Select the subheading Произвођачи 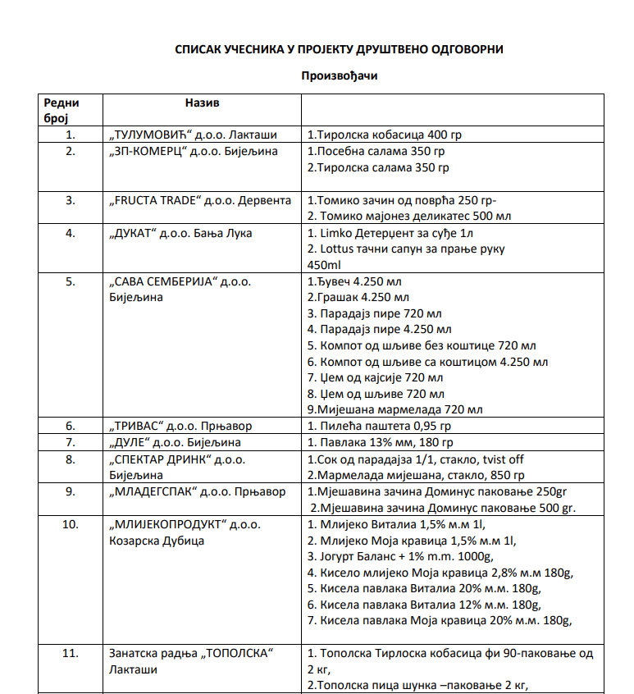pos(339,75)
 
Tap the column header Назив pos(202,103)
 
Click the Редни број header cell pos(62,110)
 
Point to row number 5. pos(71,281)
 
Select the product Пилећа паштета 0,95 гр pos(379,427)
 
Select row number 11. pos(71,653)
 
